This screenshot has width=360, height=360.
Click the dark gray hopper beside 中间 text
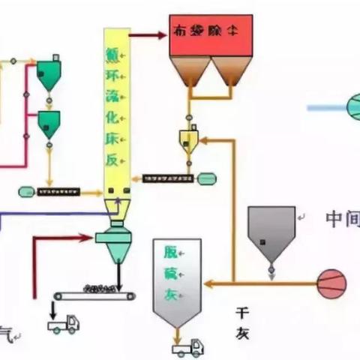[271, 228]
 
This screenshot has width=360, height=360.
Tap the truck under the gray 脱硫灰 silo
[187, 346]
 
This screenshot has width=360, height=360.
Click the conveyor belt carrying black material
[94, 293]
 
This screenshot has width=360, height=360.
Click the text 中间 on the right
[342, 219]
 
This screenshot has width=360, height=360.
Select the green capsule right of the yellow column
[207, 178]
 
